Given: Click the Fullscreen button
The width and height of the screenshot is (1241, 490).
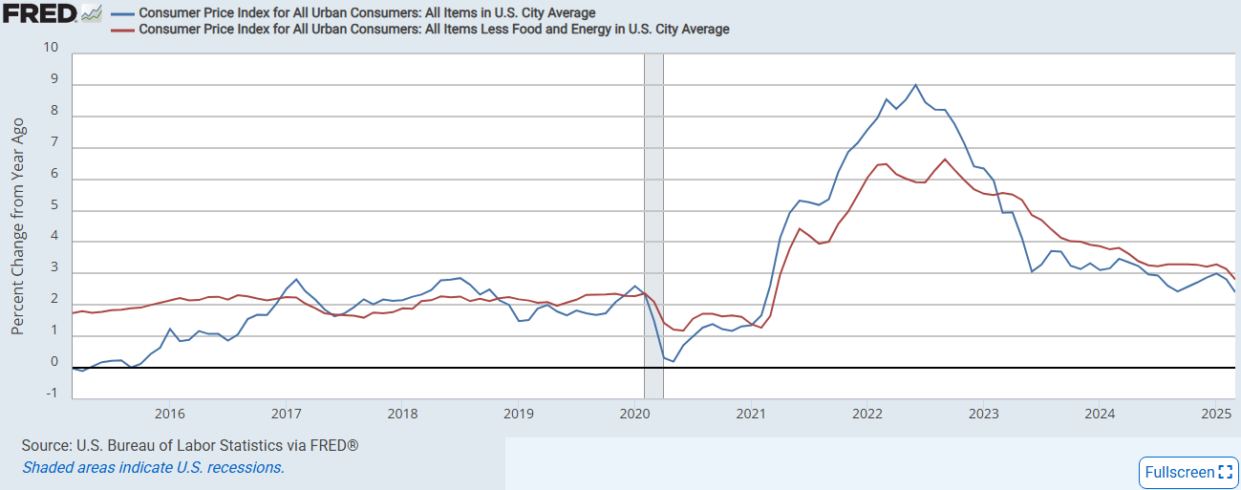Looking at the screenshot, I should click(x=1188, y=472).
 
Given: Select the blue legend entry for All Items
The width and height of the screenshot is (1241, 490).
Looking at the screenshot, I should click(x=367, y=13).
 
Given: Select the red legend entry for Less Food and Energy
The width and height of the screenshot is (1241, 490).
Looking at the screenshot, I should click(x=434, y=30).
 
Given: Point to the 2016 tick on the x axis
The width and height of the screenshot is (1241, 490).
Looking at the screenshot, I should click(x=169, y=414).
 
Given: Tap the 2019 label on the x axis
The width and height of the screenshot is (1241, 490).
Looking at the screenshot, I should click(x=518, y=414).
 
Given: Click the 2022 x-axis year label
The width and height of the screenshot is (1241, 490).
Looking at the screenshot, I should click(x=867, y=414).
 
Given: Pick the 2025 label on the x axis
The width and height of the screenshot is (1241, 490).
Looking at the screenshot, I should click(x=1216, y=414).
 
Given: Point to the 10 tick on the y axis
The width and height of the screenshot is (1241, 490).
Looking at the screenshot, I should click(x=51, y=48).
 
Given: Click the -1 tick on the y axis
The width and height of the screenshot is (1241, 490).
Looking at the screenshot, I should click(x=51, y=393).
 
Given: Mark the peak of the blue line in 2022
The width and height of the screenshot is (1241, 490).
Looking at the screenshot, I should click(x=916, y=85).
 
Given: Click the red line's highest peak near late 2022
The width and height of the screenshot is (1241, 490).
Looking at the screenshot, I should click(x=945, y=160).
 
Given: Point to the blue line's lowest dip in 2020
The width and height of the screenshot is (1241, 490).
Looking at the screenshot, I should click(x=673, y=361).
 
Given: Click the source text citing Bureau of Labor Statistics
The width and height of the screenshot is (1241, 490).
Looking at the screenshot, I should click(x=190, y=446).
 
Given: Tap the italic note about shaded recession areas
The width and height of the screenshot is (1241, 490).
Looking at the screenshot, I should click(x=153, y=467).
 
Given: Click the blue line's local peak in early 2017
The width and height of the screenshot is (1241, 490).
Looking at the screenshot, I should click(x=296, y=280).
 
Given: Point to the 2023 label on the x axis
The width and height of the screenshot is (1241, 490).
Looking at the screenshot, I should click(x=983, y=414).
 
